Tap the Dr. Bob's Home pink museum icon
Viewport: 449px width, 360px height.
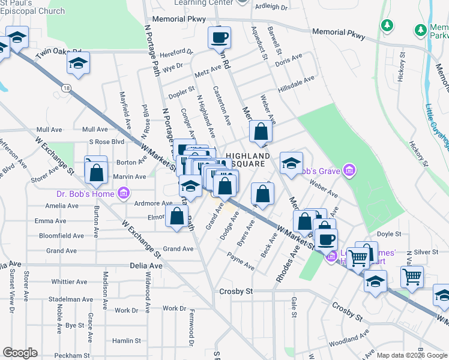pos(124,193)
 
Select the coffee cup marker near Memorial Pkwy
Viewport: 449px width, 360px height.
pos(219,37)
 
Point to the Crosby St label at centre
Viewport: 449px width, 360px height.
pos(237,291)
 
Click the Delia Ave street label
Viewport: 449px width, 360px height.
pos(146,265)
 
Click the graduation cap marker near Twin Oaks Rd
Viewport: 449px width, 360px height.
pos(78,63)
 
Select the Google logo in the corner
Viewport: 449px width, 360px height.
pos(20,353)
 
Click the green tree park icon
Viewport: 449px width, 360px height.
pos(387,25)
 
